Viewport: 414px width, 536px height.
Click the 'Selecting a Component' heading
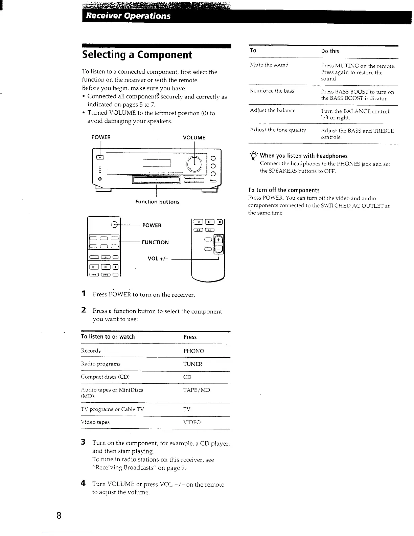point(137,55)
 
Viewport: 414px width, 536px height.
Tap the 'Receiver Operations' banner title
point(128,16)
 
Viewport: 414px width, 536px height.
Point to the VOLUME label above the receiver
point(194,138)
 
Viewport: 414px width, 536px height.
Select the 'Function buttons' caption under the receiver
point(157,202)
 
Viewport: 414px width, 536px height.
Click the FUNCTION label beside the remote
point(155,242)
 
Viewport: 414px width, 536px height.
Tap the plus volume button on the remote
point(219,240)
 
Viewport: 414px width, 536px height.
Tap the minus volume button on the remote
point(219,250)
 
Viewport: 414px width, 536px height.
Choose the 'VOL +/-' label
point(158,259)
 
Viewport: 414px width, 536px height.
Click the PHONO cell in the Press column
point(193,351)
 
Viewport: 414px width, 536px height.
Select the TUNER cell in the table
point(192,364)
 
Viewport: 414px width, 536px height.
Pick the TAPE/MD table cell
point(197,390)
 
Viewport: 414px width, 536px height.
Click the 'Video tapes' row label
point(95,422)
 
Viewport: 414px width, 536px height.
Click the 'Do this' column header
point(330,51)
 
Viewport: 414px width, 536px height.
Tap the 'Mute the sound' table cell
point(269,65)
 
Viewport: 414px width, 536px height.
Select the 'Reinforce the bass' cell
point(272,91)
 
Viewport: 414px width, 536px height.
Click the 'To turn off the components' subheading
point(283,190)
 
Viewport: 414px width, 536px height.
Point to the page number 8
point(59,516)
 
